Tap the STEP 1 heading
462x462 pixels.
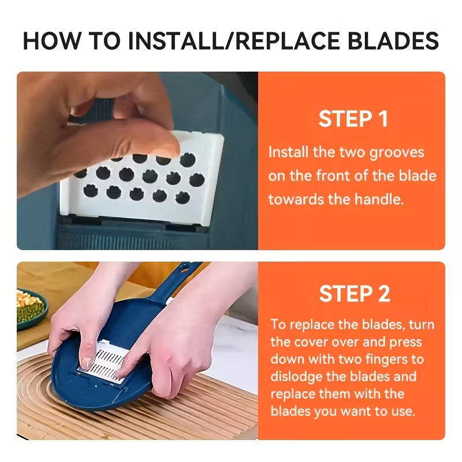353,119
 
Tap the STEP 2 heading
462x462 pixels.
353,293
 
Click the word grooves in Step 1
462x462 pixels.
396,152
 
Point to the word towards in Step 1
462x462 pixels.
293,200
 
